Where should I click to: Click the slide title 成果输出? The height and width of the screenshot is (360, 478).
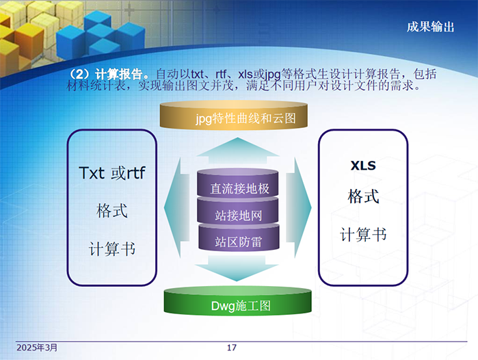click(x=430, y=27)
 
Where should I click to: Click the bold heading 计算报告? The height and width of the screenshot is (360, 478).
click(x=119, y=74)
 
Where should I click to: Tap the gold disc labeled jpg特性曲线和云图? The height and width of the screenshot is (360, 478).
click(x=233, y=115)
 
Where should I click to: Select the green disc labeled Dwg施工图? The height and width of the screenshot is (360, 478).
click(x=237, y=302)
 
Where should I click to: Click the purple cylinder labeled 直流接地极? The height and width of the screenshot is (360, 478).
click(x=237, y=183)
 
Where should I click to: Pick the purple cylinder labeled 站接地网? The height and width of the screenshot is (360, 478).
click(x=237, y=211)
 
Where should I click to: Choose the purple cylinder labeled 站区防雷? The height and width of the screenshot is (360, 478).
click(x=239, y=237)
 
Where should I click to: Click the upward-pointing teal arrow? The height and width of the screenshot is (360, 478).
click(x=237, y=151)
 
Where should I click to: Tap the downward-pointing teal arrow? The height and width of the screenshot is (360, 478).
click(x=237, y=268)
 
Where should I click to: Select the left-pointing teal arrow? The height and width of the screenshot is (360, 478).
click(x=176, y=207)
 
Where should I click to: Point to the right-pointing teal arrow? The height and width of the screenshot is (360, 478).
click(x=299, y=207)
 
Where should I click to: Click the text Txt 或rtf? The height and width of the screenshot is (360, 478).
click(x=112, y=173)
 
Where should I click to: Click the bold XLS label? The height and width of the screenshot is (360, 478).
click(x=363, y=166)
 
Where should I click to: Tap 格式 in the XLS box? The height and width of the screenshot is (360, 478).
click(x=363, y=196)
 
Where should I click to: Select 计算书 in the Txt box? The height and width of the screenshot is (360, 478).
click(x=112, y=248)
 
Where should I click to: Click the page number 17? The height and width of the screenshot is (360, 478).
click(x=232, y=348)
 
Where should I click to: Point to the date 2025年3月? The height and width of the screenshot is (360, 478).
click(x=37, y=348)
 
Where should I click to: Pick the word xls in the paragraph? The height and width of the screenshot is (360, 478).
click(x=245, y=74)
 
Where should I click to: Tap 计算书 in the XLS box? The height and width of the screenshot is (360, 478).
click(x=363, y=235)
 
